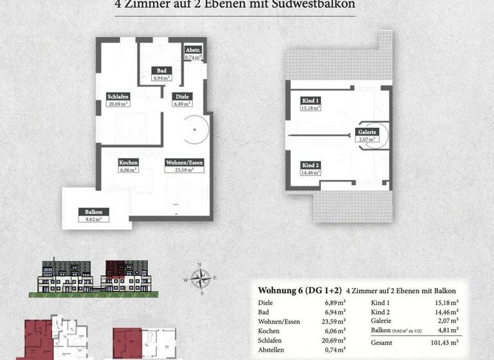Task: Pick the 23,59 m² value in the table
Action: point(335,321)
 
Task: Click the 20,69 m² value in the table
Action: point(335,342)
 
